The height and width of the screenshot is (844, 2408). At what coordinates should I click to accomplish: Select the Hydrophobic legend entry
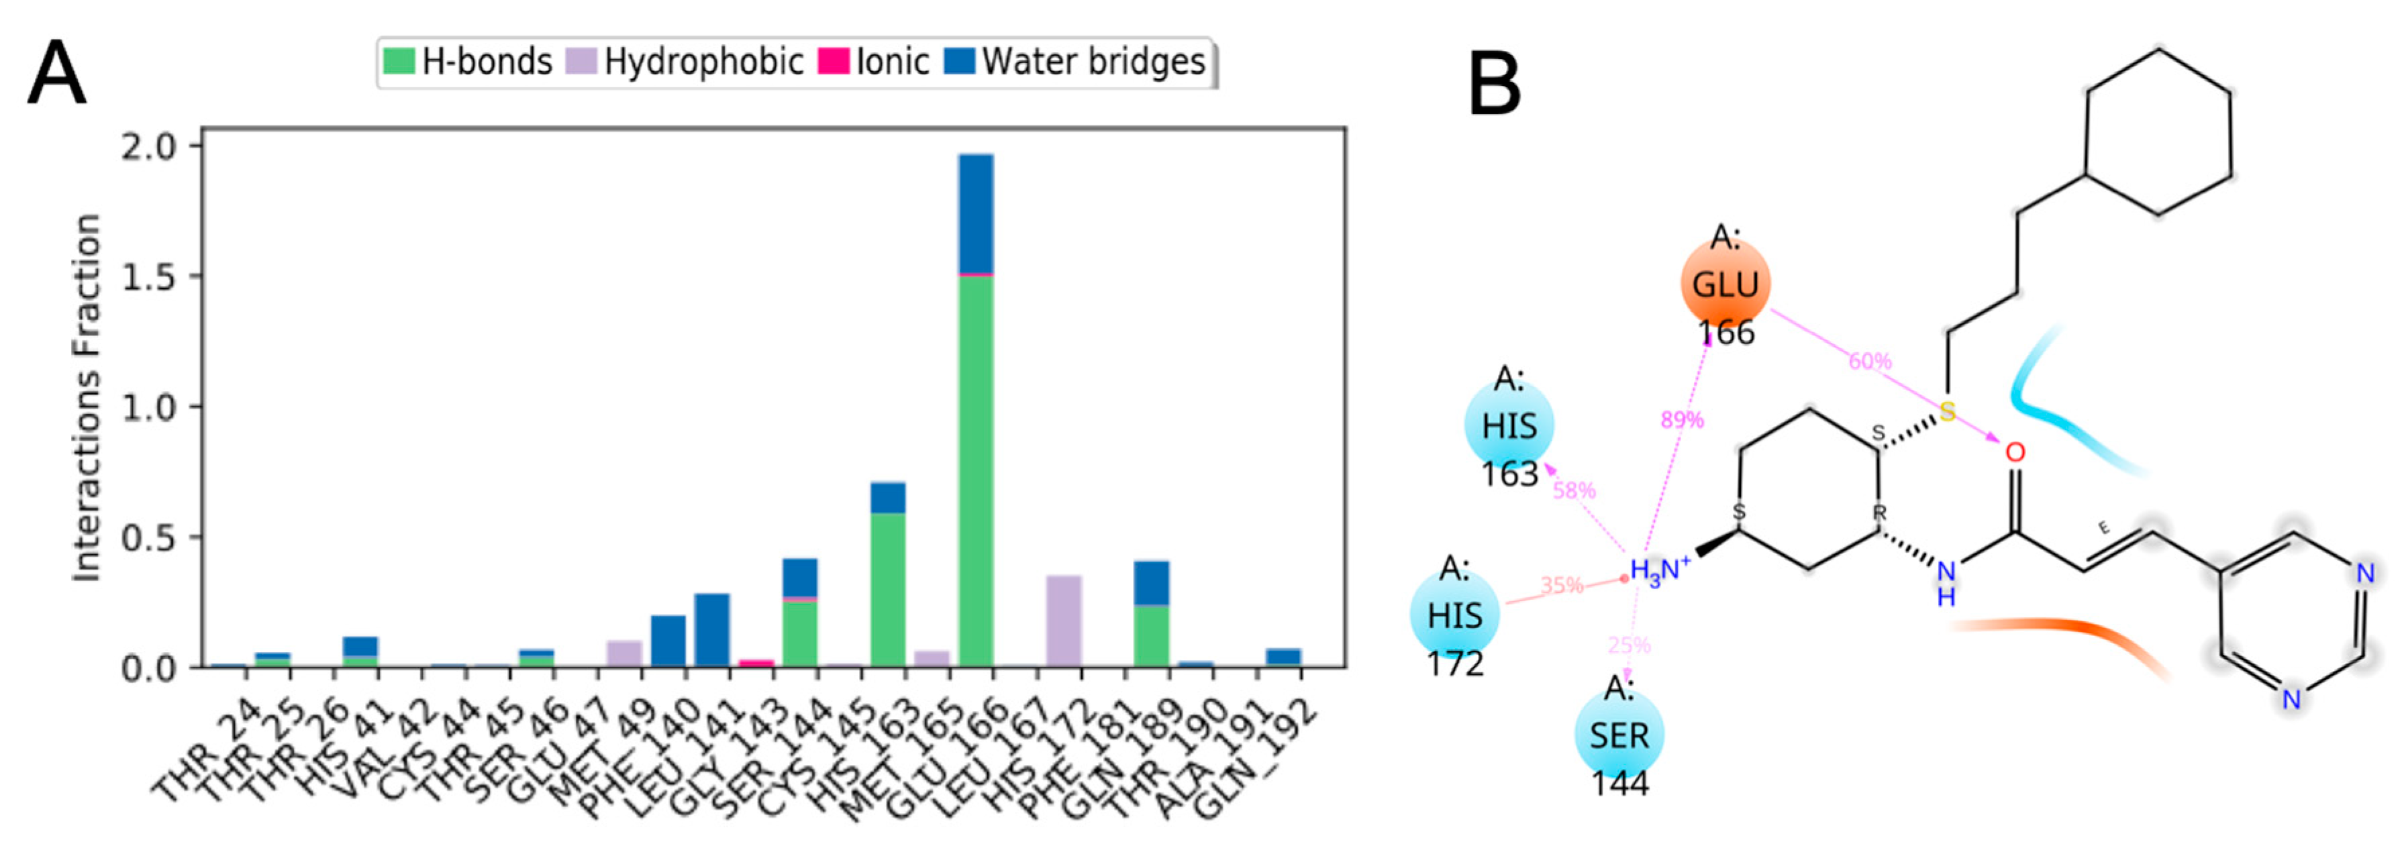(x=683, y=62)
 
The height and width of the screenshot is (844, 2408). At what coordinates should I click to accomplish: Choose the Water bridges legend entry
(x=1075, y=62)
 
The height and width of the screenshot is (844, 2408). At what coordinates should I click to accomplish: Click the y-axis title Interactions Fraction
(x=87, y=398)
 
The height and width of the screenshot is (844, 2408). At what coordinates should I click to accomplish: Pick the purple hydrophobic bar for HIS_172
(x=1064, y=621)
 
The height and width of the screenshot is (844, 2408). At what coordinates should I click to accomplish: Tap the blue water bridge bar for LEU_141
(x=711, y=630)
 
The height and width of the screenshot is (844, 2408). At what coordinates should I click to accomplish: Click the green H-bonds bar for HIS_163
(x=887, y=590)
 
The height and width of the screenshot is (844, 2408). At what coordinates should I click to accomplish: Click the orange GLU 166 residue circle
(x=1725, y=283)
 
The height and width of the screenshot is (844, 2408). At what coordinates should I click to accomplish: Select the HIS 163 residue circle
(x=1509, y=426)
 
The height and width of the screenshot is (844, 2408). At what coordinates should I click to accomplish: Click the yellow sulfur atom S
(x=1947, y=411)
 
